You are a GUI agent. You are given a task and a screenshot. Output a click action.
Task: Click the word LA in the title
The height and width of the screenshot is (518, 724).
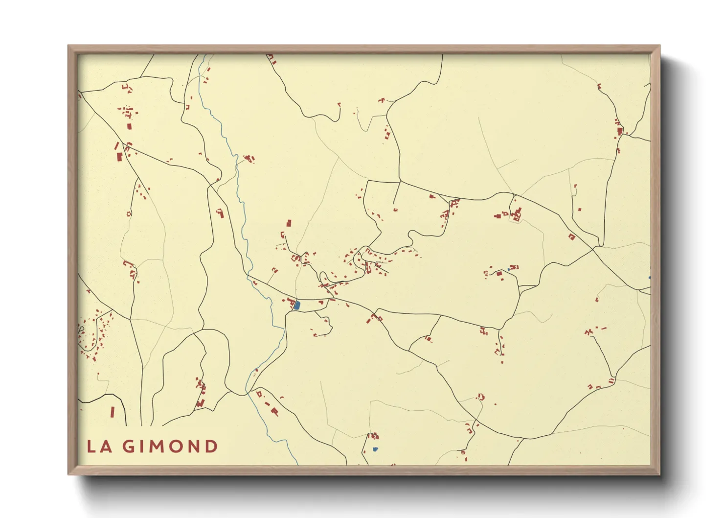(x=99, y=447)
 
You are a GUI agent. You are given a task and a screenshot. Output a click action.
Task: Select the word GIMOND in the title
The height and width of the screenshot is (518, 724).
(x=170, y=447)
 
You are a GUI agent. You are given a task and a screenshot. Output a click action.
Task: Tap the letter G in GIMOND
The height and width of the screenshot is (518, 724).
(x=128, y=447)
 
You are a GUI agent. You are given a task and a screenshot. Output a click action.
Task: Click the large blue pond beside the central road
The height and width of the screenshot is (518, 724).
(x=297, y=306)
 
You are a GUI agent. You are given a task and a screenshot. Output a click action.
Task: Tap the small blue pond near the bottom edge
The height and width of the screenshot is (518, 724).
(x=375, y=449)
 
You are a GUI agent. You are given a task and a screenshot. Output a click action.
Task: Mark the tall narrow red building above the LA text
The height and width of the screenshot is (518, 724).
(x=112, y=412)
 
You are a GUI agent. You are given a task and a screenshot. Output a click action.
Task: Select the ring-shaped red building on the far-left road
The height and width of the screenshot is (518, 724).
(x=129, y=214)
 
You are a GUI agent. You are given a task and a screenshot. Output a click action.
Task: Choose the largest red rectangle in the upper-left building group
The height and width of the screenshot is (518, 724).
(x=119, y=157)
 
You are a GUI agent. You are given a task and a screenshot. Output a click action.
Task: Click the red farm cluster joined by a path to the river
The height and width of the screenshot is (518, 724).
(x=250, y=158)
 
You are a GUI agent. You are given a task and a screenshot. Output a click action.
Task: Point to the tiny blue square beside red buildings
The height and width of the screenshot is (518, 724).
(x=509, y=269)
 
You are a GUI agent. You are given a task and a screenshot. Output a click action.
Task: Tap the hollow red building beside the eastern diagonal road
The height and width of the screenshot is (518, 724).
(x=571, y=237)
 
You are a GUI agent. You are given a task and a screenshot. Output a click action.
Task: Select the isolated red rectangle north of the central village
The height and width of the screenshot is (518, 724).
(x=289, y=223)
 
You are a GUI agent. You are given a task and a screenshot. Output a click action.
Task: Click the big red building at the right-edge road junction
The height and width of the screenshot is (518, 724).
(x=620, y=131)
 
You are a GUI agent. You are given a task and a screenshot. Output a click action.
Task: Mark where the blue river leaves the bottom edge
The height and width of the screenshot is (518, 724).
(x=296, y=463)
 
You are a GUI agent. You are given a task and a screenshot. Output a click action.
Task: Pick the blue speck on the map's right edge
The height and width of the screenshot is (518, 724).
(x=649, y=278)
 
